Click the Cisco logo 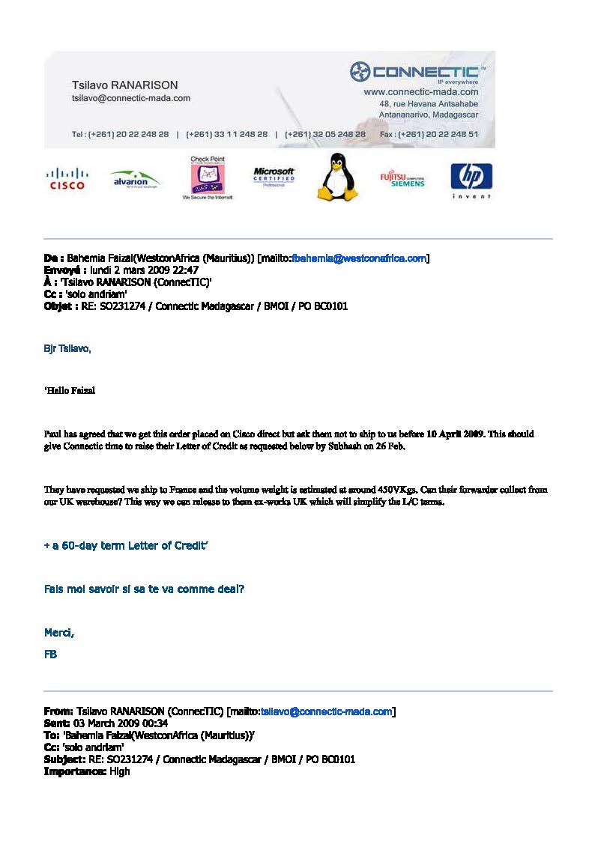[x=67, y=178]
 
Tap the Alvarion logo [x=135, y=180]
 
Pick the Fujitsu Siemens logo [x=402, y=180]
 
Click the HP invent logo [x=471, y=180]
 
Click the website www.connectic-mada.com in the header [x=420, y=91]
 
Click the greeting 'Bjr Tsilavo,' [x=67, y=349]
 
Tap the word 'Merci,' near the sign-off [x=59, y=634]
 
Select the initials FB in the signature [x=50, y=655]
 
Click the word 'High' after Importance [x=119, y=771]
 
